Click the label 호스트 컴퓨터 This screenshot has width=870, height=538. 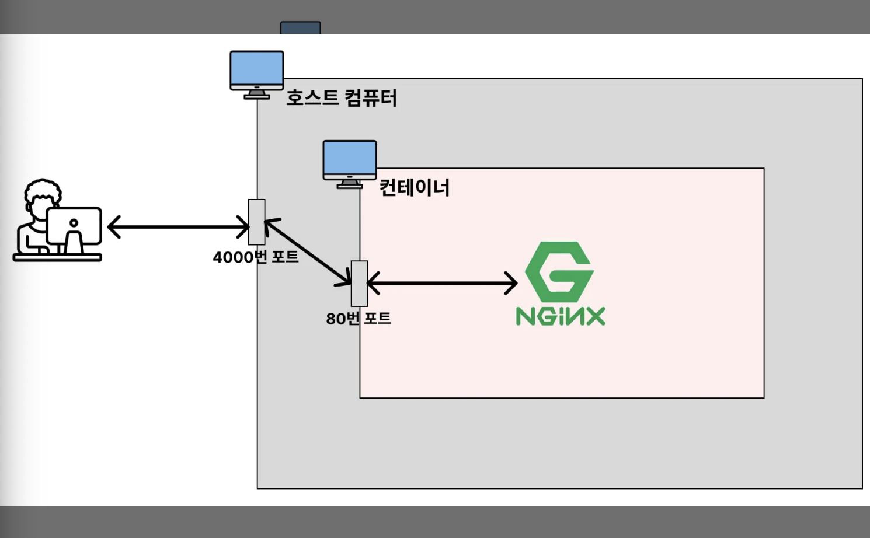341,97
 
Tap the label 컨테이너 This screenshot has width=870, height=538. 414,187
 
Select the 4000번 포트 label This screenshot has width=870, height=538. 256,257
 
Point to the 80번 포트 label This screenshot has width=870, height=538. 358,318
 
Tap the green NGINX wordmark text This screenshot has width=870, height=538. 561,316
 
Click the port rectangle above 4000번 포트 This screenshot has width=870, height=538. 257,222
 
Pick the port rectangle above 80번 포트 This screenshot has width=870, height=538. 359,283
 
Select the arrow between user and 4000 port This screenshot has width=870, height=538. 178,227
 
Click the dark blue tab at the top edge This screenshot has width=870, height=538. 300,27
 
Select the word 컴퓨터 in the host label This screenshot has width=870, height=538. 371,97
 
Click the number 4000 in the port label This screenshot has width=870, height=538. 232,257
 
